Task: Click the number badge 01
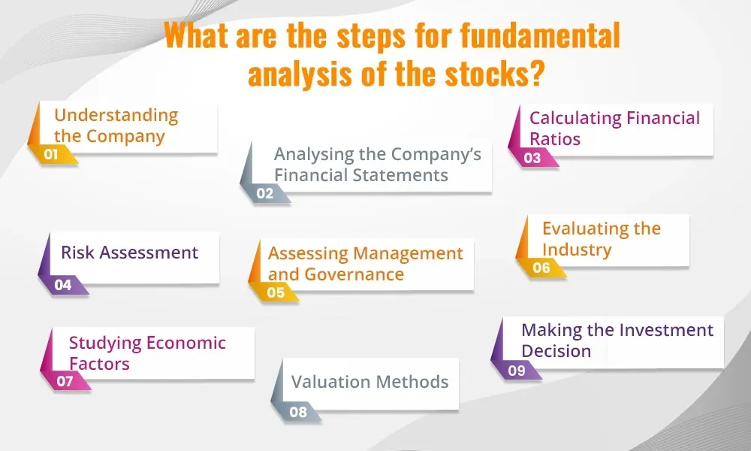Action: [51, 154]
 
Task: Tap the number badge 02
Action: [265, 194]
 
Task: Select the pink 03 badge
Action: [532, 158]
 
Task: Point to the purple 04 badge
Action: [63, 285]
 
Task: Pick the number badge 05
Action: [276, 292]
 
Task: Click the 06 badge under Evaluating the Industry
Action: [541, 268]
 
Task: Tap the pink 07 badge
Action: [65, 382]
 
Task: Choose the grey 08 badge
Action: [298, 412]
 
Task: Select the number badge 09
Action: [517, 371]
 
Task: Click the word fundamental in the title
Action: [540, 35]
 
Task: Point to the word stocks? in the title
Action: [494, 74]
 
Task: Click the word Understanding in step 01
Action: [116, 116]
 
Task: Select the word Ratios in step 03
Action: [555, 139]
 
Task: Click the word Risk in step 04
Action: [77, 253]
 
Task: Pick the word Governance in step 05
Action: [354, 274]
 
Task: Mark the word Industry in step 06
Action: [577, 250]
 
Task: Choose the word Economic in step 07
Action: [185, 344]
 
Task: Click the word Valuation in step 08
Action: [330, 382]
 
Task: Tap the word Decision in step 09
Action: [556, 351]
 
